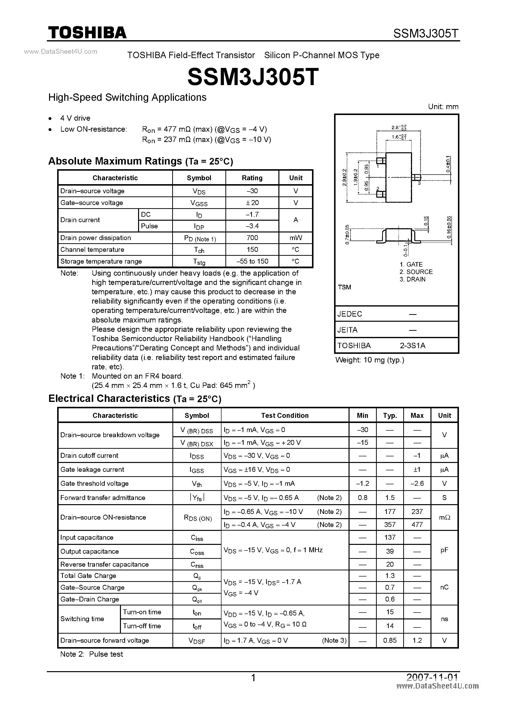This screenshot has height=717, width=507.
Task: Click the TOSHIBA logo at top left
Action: [87, 32]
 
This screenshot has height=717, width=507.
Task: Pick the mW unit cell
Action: [296, 238]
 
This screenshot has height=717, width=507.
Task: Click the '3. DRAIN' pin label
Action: [412, 279]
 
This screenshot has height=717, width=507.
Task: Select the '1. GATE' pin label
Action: [411, 264]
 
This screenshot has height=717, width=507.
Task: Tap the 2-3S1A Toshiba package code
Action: [412, 346]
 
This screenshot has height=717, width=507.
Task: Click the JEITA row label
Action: [347, 330]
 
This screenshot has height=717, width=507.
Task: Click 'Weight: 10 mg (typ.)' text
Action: [370, 360]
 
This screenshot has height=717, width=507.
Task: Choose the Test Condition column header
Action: [285, 415]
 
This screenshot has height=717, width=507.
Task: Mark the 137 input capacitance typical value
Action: [390, 537]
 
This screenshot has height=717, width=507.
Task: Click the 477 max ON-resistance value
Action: [417, 524]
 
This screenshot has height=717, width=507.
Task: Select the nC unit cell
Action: [444, 587]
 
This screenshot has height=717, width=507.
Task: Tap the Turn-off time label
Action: [142, 626]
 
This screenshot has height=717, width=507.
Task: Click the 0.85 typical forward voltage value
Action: [390, 640]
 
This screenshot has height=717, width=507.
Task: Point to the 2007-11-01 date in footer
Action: [432, 677]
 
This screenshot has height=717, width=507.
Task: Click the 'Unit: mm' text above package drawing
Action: [443, 106]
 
